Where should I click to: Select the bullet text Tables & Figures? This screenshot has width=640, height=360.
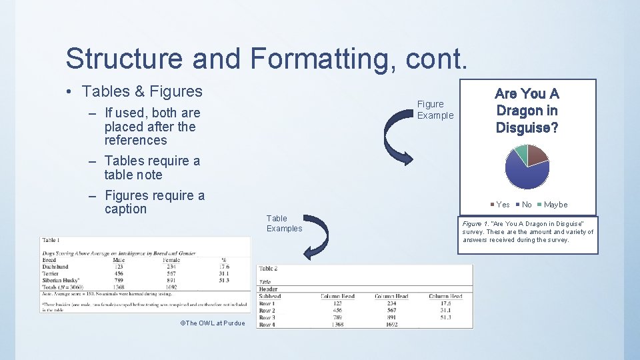tap(142, 91)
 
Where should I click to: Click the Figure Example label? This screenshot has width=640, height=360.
tap(435, 109)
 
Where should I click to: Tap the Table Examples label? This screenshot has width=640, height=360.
tap(284, 223)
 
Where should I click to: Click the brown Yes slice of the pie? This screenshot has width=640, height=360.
tap(537, 155)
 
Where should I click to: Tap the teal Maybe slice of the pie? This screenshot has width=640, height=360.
tap(518, 153)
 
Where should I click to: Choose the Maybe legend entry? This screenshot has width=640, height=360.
tap(555, 205)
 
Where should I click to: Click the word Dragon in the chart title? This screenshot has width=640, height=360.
tap(527, 111)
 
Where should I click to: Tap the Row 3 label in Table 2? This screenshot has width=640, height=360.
tap(267, 318)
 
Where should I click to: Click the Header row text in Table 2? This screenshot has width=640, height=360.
tap(268, 289)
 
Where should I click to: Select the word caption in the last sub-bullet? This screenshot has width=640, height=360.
tap(125, 209)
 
